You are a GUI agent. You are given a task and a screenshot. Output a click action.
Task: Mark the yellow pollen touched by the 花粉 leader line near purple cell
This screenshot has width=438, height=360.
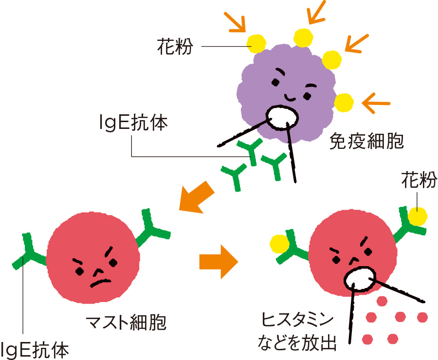[x=256, y=43]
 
